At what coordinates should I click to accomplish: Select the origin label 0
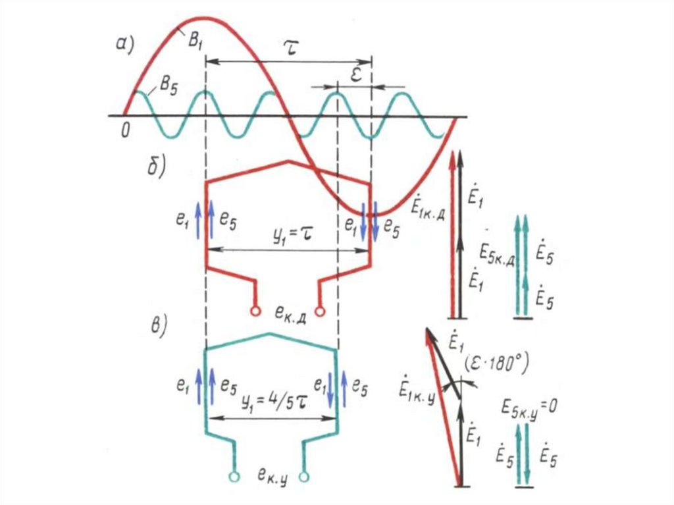pyautogui.click(x=124, y=130)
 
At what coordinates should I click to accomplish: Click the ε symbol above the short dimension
pyautogui.click(x=355, y=74)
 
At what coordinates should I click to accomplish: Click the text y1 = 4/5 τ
pyautogui.click(x=271, y=401)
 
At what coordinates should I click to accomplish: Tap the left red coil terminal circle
pyautogui.click(x=255, y=311)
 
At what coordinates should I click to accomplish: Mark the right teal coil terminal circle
pyautogui.click(x=304, y=475)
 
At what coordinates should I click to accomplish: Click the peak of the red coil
pyautogui.click(x=288, y=160)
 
